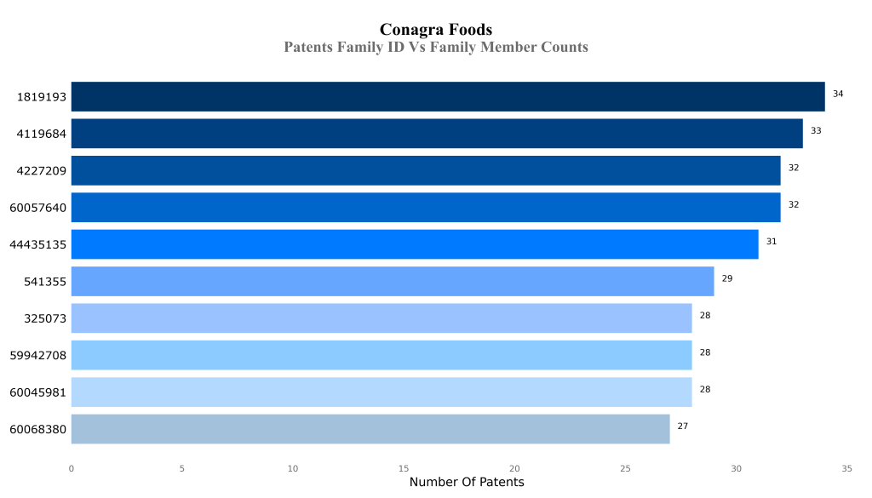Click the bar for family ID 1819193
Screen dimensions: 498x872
(448, 96)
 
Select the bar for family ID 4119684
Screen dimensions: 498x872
(437, 134)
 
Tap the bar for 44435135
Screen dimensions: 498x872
(415, 244)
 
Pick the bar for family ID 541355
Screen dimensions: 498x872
(393, 281)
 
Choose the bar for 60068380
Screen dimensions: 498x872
(370, 429)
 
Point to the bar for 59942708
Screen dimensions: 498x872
(381, 355)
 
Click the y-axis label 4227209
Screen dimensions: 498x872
(42, 171)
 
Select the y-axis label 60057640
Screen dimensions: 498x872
(38, 208)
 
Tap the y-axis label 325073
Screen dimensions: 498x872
(45, 318)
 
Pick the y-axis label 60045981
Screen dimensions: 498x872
(38, 392)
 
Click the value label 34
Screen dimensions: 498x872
(838, 94)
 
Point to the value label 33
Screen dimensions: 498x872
(816, 131)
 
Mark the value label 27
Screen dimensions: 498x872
(683, 426)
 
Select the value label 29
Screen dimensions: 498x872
(727, 278)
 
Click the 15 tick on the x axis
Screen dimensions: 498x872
(404, 468)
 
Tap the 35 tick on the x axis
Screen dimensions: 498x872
(846, 468)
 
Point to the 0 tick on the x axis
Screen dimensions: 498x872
(72, 468)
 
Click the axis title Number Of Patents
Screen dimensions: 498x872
(467, 483)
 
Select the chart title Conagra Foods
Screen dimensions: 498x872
(436, 31)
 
